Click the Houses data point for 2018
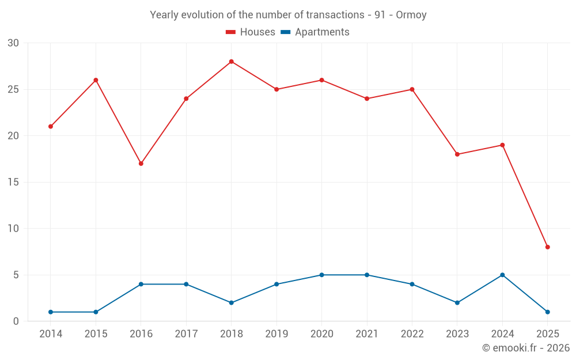(x=232, y=62)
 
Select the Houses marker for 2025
(x=548, y=247)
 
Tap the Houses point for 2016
(x=141, y=164)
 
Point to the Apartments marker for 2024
(x=502, y=275)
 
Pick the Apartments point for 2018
(x=232, y=303)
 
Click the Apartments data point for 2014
(x=51, y=312)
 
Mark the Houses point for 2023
(x=457, y=154)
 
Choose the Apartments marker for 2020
(x=322, y=275)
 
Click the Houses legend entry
(x=251, y=32)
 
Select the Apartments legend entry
(x=315, y=32)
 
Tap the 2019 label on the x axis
(x=276, y=334)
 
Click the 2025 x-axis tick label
(x=548, y=334)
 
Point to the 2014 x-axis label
(x=51, y=334)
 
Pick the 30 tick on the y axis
(x=13, y=43)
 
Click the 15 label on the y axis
(x=13, y=182)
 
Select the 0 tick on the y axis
(x=16, y=321)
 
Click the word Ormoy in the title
(x=411, y=15)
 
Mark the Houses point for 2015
(x=96, y=80)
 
